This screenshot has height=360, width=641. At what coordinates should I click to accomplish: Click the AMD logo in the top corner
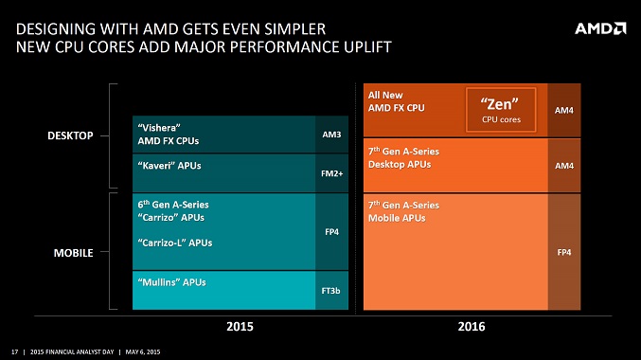click(599, 27)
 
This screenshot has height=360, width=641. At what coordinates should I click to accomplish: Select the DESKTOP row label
click(70, 136)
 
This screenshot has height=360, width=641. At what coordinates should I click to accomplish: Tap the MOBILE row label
click(72, 255)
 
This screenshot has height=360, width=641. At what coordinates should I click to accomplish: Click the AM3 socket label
click(331, 135)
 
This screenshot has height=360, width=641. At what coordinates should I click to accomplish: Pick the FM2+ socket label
click(331, 173)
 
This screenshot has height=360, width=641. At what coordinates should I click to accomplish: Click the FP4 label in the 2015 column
click(331, 229)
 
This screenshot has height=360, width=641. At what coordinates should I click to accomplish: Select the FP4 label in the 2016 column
click(563, 251)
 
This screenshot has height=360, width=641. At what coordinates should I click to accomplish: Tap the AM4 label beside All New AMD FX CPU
click(563, 110)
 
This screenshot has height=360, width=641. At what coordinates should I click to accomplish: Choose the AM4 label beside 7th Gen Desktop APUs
click(563, 165)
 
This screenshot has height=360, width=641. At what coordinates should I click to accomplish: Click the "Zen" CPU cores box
click(501, 110)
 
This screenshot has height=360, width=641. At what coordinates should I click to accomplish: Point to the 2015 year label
click(241, 327)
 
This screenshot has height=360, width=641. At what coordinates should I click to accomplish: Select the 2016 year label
click(471, 327)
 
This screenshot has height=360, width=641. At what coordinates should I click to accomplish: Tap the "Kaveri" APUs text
click(169, 165)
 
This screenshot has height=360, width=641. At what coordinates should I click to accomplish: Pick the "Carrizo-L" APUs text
click(175, 243)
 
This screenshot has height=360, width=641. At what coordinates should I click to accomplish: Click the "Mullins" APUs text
click(171, 281)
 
